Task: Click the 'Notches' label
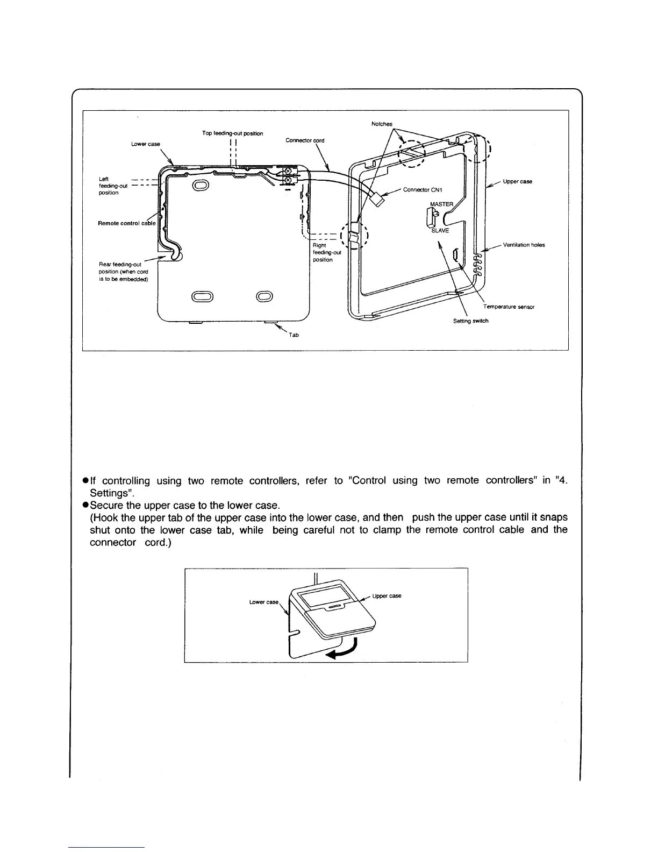382,124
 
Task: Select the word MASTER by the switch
442,204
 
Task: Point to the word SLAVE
440,231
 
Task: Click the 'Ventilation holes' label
524,245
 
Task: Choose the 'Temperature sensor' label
508,307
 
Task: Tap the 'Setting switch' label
470,321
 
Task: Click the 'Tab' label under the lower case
294,335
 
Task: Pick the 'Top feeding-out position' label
233,133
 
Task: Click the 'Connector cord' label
305,140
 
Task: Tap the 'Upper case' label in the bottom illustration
387,596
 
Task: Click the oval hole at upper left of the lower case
201,186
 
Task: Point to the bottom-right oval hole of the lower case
264,296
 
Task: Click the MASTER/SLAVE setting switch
431,217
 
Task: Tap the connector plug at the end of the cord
381,200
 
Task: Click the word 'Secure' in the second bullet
106,506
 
